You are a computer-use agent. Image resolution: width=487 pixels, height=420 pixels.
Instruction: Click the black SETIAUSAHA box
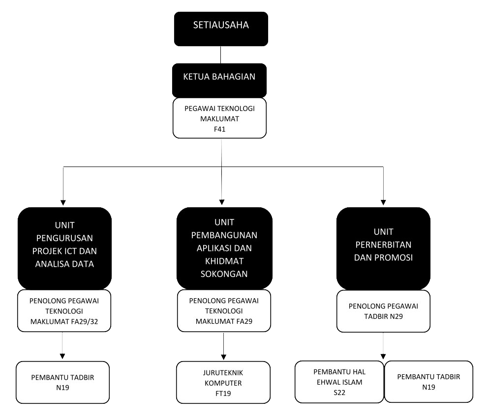220,28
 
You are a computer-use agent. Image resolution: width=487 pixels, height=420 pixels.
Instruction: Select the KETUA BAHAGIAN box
219,80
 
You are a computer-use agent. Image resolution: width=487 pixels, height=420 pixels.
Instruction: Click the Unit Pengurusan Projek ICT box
62,249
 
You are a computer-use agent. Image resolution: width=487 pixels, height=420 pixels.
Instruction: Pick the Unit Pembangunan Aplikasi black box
224,249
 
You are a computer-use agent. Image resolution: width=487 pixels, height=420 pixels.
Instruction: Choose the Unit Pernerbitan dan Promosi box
383,249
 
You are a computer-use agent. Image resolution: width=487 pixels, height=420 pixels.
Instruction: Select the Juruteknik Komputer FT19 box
224,382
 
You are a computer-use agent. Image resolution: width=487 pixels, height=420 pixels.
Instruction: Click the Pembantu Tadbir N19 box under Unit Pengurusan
62,382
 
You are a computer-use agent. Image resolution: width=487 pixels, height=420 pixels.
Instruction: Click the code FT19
224,393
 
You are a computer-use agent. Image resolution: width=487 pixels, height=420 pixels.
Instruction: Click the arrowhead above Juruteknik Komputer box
224,358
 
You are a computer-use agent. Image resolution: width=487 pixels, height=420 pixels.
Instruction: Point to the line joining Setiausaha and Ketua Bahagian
220,55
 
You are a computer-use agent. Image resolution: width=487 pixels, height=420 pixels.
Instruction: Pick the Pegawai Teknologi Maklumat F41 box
219,118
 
